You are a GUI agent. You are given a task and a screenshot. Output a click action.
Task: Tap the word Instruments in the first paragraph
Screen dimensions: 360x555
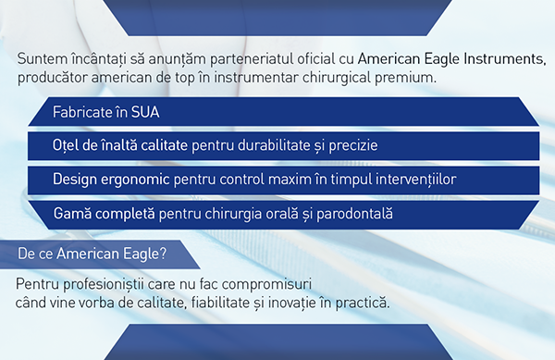pyautogui.click(x=500, y=59)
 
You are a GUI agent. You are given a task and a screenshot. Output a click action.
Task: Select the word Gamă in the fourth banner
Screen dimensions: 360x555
pyautogui.click(x=72, y=214)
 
